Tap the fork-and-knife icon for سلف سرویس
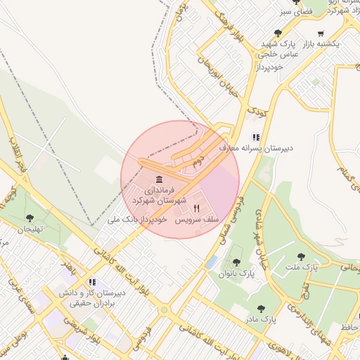pyautogui.click(x=197, y=208)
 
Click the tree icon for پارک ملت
pyautogui.click(x=302, y=257)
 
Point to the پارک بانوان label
pyautogui.click(x=236, y=273)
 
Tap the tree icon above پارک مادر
pyautogui.click(x=261, y=308)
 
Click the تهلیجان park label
pyautogui.click(x=30, y=230)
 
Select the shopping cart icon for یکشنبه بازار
pyautogui.click(x=321, y=33)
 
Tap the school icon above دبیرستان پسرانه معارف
pyautogui.click(x=257, y=137)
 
